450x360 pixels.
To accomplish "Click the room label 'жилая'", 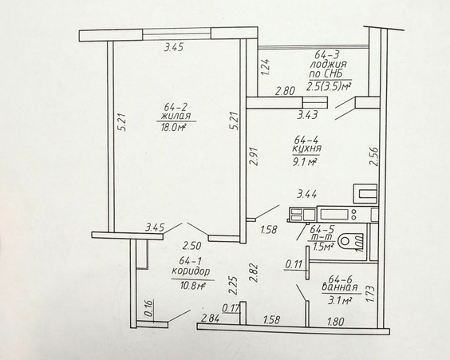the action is [x=176, y=117].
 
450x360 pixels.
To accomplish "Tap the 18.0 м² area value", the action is [x=172, y=127].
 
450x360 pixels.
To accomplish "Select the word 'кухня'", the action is [x=306, y=149].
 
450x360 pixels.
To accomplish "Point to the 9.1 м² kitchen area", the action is [x=304, y=163].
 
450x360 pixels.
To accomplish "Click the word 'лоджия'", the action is [x=329, y=65].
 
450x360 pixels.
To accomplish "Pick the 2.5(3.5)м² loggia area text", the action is [x=329, y=86].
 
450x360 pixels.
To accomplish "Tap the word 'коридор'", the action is [x=191, y=271].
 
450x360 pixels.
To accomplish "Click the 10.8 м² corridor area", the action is [x=192, y=286].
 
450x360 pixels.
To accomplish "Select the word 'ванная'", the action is [x=340, y=287].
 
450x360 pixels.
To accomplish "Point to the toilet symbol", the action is [x=351, y=242].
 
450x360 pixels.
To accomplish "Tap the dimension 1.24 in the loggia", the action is [x=266, y=67].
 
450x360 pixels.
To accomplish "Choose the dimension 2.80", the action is [x=285, y=91].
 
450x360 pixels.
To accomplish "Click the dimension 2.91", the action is [x=254, y=156].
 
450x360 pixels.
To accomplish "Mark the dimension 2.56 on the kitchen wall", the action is [x=373, y=156].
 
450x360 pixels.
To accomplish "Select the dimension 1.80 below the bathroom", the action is [x=335, y=322].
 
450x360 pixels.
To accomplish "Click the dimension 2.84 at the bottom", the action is [x=211, y=318].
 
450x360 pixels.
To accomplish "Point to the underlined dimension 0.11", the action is [x=294, y=264].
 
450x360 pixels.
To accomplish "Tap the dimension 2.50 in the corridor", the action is [x=192, y=246].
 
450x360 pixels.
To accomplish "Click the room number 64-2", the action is [x=176, y=107].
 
